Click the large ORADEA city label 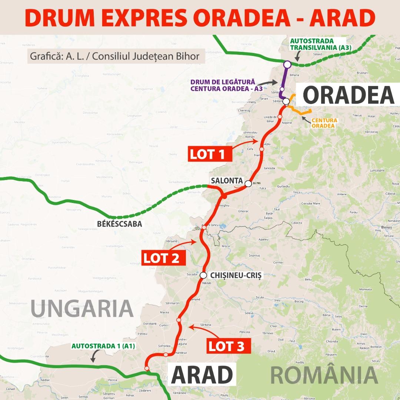coord(349,95)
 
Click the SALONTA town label coord(227,181)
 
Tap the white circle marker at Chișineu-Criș coord(203,275)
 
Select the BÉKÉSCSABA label coord(114,224)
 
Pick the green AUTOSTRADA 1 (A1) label coord(103,346)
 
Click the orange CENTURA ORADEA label coord(324,123)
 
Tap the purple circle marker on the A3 coord(287,64)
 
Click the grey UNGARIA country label coord(82,309)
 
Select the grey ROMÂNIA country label coord(324,374)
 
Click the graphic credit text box coord(115,57)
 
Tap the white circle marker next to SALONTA coord(248,183)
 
